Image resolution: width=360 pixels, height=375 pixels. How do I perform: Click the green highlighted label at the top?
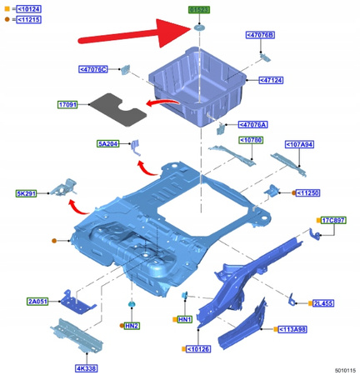(x=200, y=11)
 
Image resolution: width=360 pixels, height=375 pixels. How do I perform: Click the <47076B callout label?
(x=260, y=35)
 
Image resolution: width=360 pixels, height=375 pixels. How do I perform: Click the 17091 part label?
(x=67, y=104)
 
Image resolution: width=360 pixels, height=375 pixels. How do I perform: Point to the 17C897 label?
(x=336, y=220)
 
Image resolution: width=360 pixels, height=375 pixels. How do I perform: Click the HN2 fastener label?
(x=132, y=326)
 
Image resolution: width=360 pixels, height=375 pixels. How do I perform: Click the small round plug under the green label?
(x=200, y=27)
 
